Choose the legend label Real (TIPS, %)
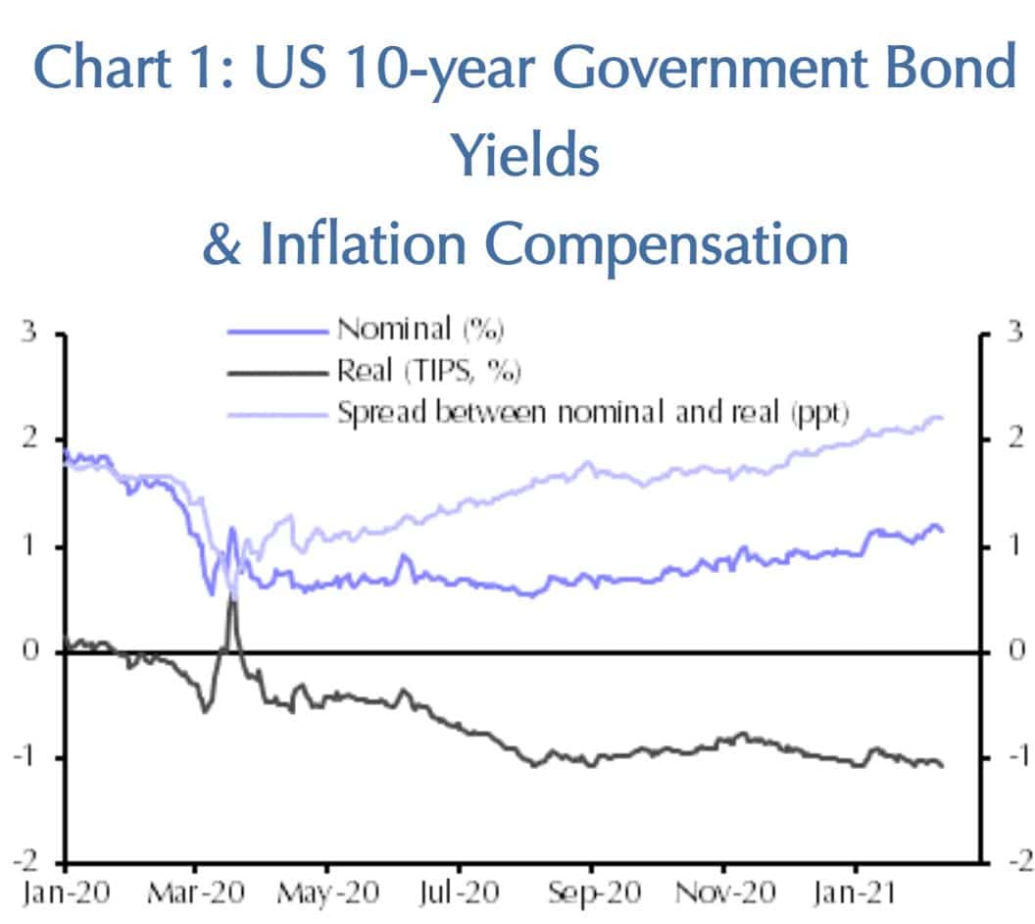coord(428,371)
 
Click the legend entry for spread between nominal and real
coord(593,412)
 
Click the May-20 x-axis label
coord(326,894)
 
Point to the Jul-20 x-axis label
coord(459,894)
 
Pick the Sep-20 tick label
coord(591,894)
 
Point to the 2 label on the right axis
coord(1014,437)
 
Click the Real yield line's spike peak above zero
coord(232,594)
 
